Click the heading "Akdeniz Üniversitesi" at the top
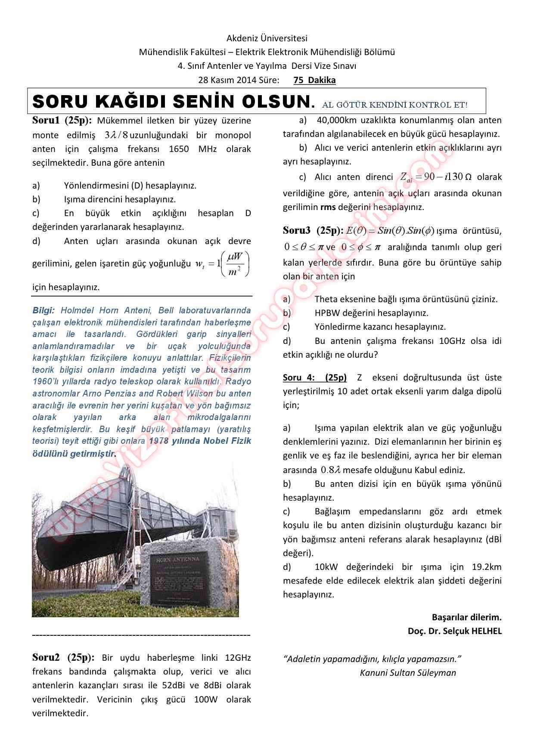[267, 39]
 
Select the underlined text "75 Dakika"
[314, 80]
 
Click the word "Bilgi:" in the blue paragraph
[43, 310]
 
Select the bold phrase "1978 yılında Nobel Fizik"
[200, 441]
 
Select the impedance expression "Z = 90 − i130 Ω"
[435, 177]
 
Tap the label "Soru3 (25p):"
[313, 230]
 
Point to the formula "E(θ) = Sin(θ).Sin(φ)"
[390, 231]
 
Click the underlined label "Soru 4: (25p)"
[314, 377]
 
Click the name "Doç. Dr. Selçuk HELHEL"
[455, 631]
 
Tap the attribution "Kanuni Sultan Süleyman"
[408, 672]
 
